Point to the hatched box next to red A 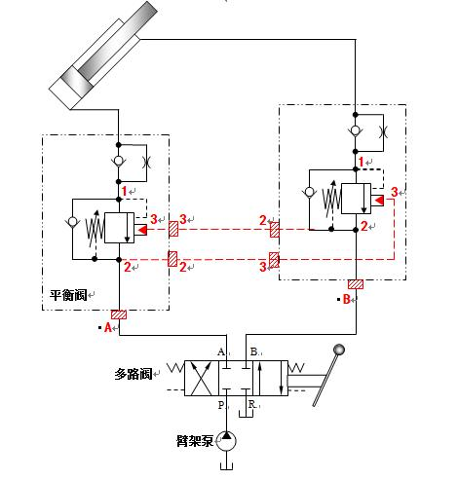click(x=119, y=314)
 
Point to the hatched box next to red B click(x=357, y=285)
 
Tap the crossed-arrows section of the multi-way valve click(x=200, y=376)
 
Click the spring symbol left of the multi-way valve click(x=172, y=368)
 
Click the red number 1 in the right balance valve click(x=363, y=161)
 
